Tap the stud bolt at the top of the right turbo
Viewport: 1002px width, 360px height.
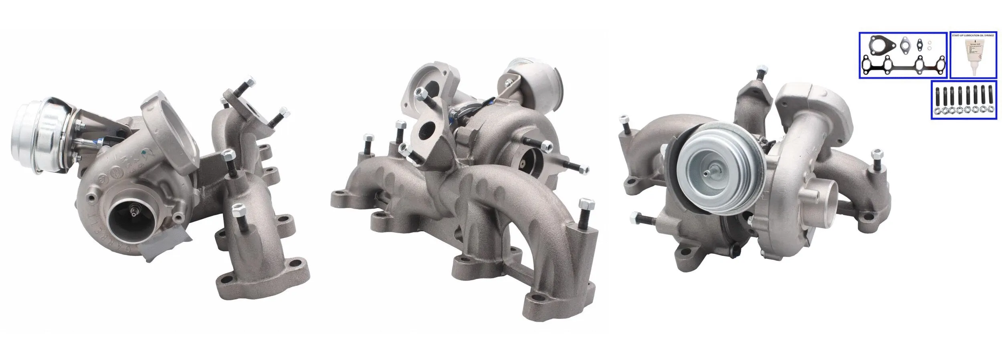pyautogui.click(x=760, y=75)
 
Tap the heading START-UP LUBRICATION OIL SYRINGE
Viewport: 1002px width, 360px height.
pyautogui.click(x=973, y=36)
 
